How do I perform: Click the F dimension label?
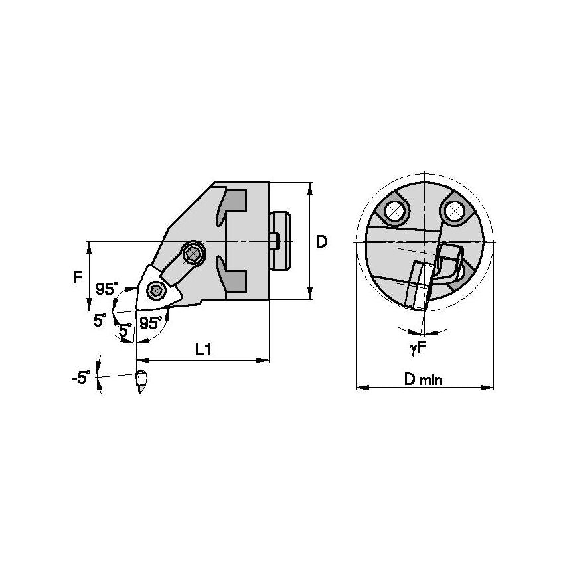(78, 276)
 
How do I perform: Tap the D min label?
(424, 379)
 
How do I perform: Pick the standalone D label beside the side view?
(321, 242)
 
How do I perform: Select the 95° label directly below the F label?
(106, 289)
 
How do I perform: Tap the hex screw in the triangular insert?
(157, 289)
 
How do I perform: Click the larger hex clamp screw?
(194, 252)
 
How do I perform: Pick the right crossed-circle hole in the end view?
(454, 211)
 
